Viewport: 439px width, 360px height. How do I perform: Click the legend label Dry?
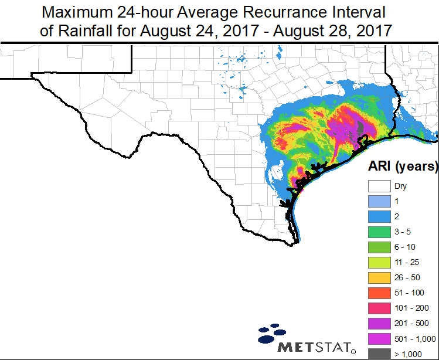[x=400, y=186]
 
